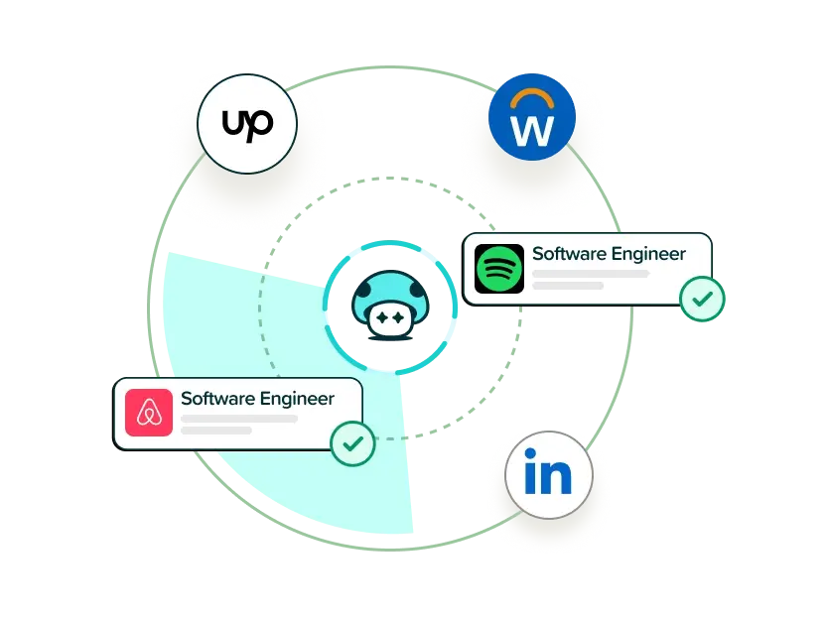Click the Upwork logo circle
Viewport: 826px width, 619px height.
coord(245,125)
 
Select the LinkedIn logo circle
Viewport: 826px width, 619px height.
coord(548,475)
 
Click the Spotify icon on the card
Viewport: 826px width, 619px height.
coord(499,269)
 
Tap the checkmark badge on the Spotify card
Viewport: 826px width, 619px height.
coord(702,298)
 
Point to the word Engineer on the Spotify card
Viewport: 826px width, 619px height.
coord(647,255)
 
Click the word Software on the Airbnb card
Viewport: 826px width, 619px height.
coord(217,399)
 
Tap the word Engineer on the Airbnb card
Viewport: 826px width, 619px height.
coord(296,400)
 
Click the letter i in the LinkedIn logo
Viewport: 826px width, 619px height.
coord(528,475)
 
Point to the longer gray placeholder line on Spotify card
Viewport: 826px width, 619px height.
coord(591,274)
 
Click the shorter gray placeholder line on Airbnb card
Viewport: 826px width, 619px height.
coord(215,431)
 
